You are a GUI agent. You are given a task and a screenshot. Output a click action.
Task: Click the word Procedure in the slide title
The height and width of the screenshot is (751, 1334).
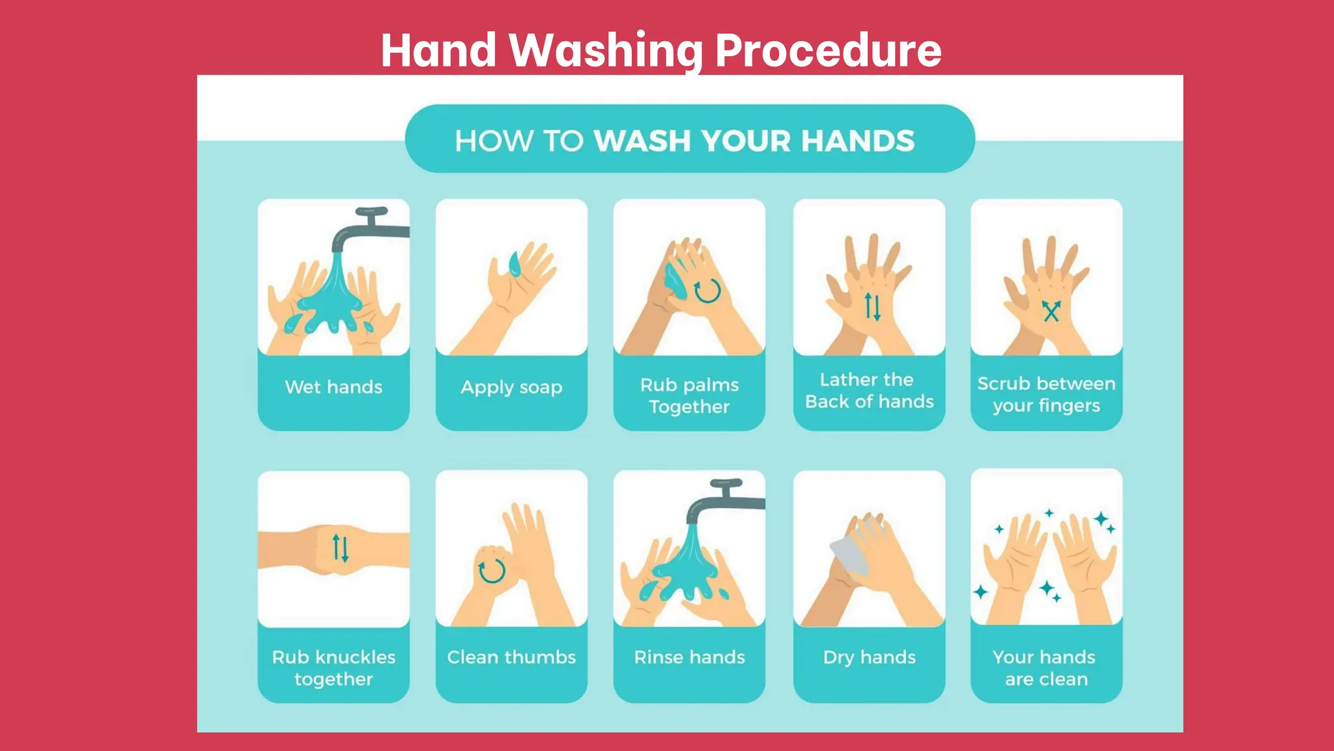pyautogui.click(x=828, y=51)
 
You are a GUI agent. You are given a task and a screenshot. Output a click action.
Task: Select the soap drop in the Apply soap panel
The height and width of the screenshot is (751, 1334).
pyautogui.click(x=515, y=263)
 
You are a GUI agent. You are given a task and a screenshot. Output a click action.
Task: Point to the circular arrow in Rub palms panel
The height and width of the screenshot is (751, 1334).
pyautogui.click(x=707, y=291)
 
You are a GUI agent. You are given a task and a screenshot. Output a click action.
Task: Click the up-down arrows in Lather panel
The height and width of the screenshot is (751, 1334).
pyautogui.click(x=873, y=306)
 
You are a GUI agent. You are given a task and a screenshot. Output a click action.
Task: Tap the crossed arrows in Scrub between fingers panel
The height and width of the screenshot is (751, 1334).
pyautogui.click(x=1051, y=311)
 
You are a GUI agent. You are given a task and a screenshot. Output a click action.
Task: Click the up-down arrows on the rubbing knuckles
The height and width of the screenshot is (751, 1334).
pyautogui.click(x=341, y=548)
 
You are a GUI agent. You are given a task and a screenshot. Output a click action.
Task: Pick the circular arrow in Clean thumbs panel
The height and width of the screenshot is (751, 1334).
pyautogui.click(x=492, y=570)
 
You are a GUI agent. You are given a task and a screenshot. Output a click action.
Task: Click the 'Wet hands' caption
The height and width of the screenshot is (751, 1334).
pyautogui.click(x=333, y=387)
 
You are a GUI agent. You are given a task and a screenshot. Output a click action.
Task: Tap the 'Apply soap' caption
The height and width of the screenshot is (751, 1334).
pyautogui.click(x=511, y=387)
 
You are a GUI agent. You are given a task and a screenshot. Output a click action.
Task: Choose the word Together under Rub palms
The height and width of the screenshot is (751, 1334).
pyautogui.click(x=689, y=407)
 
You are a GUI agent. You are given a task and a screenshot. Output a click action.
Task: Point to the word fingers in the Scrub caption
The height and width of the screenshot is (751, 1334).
pyautogui.click(x=1068, y=406)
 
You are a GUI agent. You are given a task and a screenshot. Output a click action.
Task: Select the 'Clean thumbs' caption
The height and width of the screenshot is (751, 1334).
pyautogui.click(x=511, y=657)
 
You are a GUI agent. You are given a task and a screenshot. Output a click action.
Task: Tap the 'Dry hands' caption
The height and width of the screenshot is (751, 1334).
pyautogui.click(x=869, y=657)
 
